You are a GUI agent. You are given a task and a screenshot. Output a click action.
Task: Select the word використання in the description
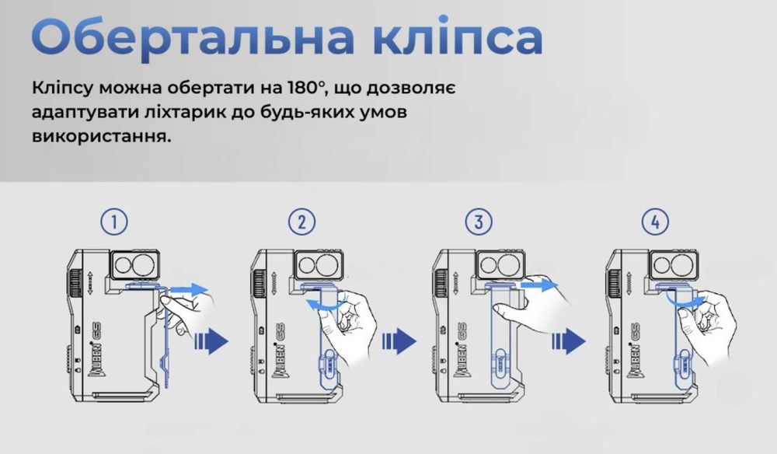tap(100, 137)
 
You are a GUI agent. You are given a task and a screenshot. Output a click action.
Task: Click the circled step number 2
tap(301, 222)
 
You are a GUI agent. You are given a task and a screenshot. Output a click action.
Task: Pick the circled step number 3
tap(479, 222)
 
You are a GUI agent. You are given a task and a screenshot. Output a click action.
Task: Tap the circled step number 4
tap(655, 222)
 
